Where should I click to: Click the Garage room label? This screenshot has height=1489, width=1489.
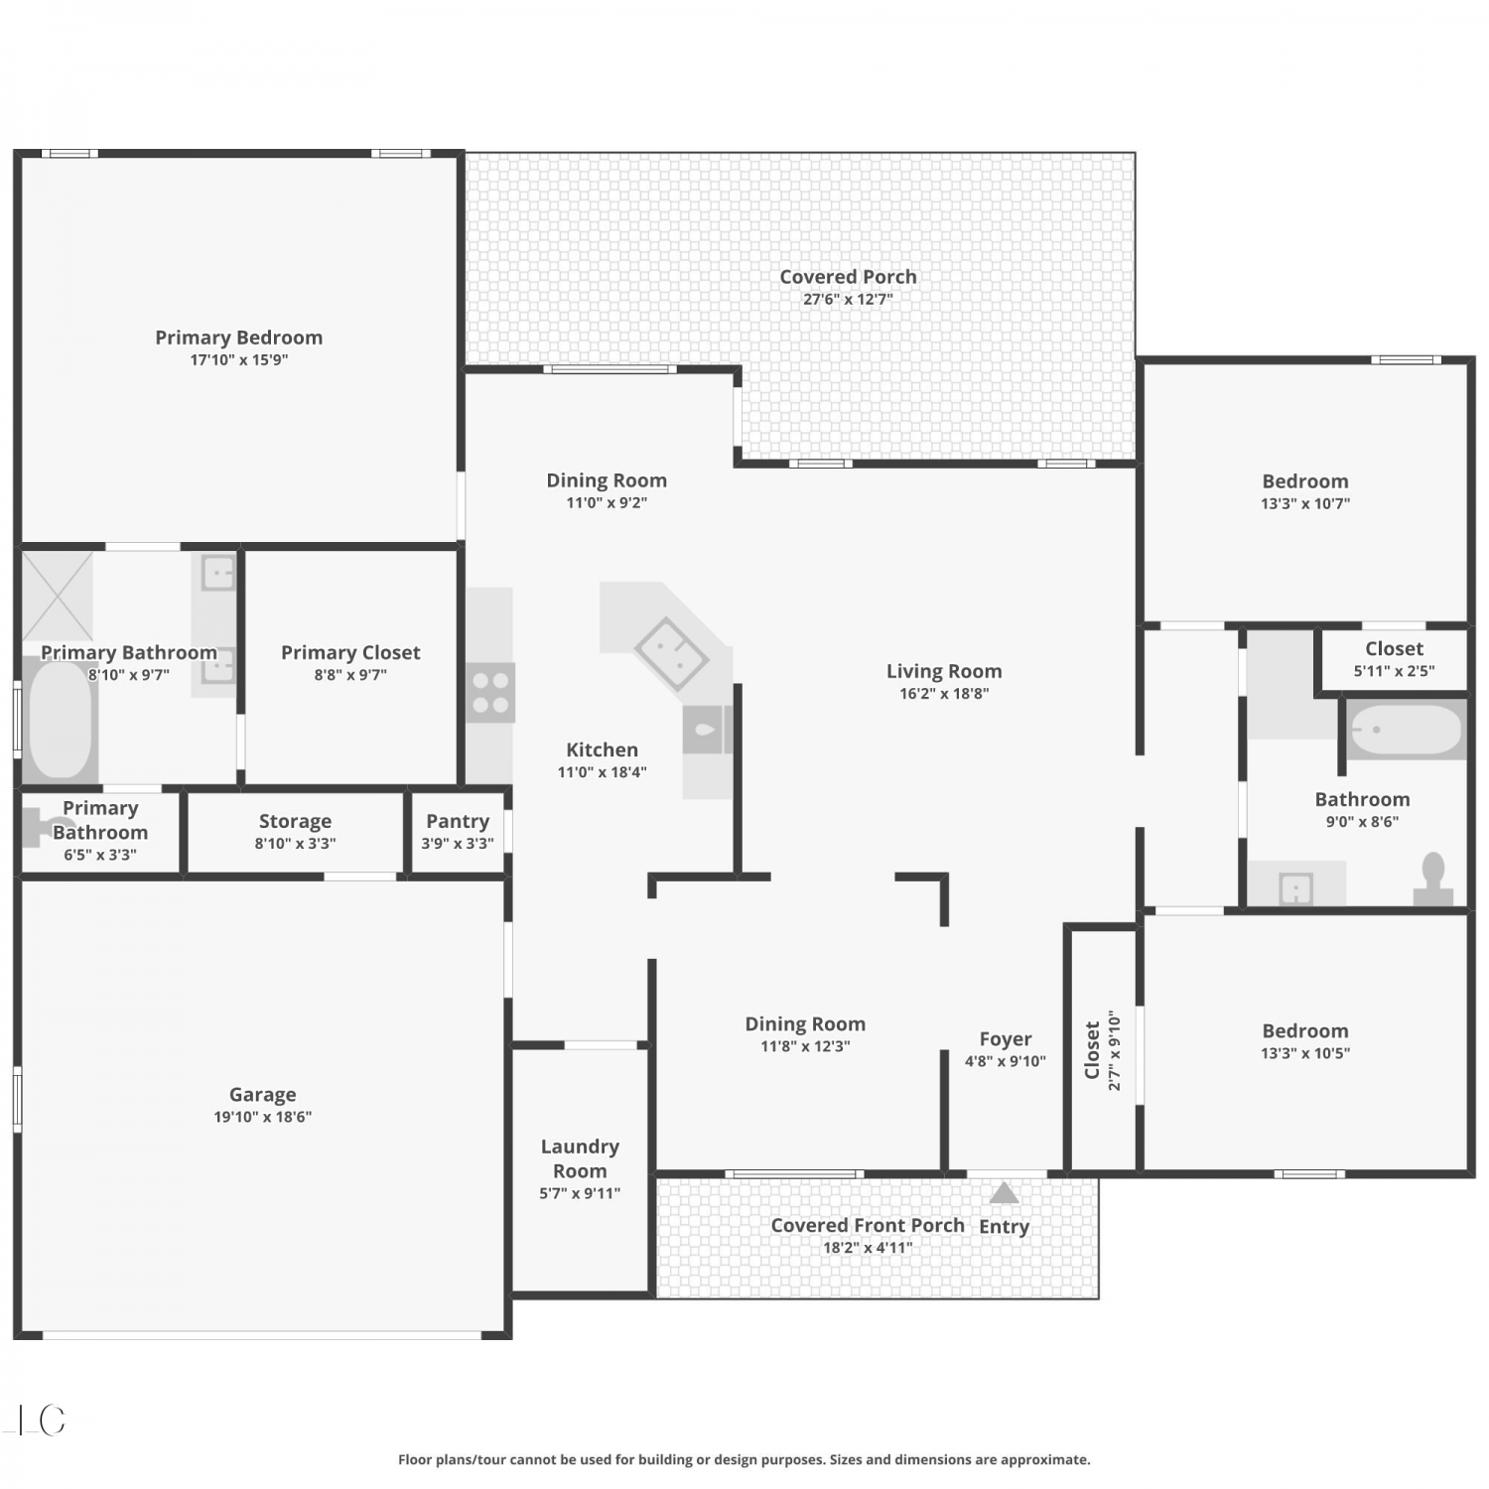[x=262, y=1094]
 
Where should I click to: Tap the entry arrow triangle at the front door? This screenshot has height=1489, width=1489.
[x=1004, y=1192]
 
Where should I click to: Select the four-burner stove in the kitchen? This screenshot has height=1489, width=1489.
[x=490, y=692]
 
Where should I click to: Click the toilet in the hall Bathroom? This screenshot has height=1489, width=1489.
[x=1433, y=879]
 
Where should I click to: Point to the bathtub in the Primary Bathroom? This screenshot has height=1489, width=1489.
[x=60, y=719]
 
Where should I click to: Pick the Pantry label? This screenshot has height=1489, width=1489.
[x=458, y=821]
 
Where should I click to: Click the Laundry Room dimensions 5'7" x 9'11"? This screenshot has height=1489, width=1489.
[x=580, y=1193]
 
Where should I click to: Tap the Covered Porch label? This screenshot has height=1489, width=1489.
[x=848, y=277]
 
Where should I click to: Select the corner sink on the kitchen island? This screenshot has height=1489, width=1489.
[x=671, y=653]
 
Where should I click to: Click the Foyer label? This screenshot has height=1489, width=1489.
[x=1006, y=1039]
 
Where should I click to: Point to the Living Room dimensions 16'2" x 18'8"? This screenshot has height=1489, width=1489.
[x=944, y=694]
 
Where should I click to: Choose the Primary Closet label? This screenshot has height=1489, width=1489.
[x=350, y=652]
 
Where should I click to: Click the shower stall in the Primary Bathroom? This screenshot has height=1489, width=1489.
[x=59, y=596]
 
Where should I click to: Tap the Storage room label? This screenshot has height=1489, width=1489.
[x=295, y=821]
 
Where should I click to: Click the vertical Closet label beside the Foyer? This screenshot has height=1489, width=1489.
[x=1092, y=1050]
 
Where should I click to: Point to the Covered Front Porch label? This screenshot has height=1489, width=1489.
[x=868, y=1225]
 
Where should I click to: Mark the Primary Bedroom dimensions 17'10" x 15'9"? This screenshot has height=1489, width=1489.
[x=239, y=360]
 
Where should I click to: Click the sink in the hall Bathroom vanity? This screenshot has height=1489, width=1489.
[x=1296, y=888]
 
